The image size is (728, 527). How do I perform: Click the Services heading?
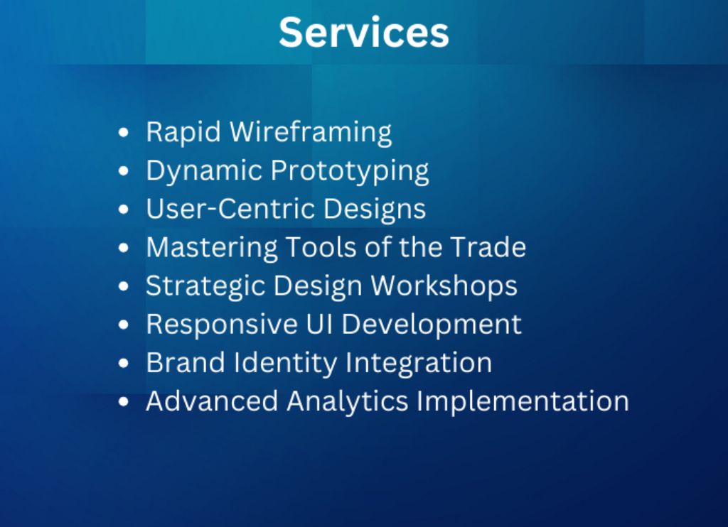[x=363, y=32]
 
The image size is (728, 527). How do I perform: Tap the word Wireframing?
[x=311, y=133]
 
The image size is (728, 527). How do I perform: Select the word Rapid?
[x=183, y=133]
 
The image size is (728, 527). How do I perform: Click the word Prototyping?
[x=350, y=172]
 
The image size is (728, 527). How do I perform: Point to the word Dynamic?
[x=204, y=172]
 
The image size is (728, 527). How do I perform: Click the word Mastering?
[x=212, y=248]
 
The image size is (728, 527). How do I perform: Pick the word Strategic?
[x=205, y=287]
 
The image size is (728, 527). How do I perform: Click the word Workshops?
[x=444, y=287]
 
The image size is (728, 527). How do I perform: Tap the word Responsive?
[x=222, y=325]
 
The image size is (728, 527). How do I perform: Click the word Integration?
[x=418, y=364]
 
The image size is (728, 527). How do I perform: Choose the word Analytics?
[x=347, y=402]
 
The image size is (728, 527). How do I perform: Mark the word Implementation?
[x=523, y=402]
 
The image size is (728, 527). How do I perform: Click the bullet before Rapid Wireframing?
[x=123, y=133]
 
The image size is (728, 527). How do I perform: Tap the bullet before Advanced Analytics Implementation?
[x=123, y=401]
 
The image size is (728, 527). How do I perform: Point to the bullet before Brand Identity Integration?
[x=123, y=363]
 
